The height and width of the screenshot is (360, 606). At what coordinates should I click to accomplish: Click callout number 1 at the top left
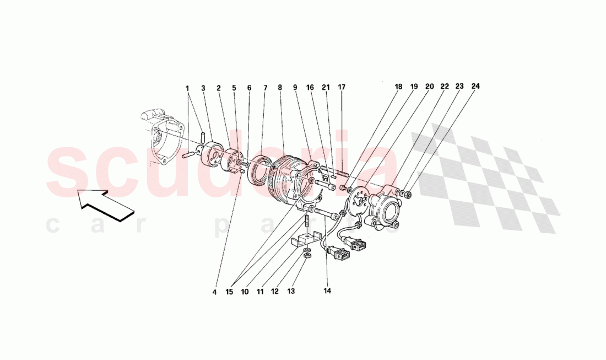(x=187, y=88)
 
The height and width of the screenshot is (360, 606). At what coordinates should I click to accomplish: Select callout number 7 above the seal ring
(x=265, y=88)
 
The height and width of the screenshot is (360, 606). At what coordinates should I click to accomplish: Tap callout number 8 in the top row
(x=280, y=88)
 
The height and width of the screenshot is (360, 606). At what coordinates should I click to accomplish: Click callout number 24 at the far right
(x=475, y=86)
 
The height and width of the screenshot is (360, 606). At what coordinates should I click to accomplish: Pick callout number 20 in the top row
(x=429, y=87)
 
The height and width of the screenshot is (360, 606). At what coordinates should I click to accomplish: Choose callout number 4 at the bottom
(x=214, y=292)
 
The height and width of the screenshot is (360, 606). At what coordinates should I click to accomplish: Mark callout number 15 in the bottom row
(x=230, y=292)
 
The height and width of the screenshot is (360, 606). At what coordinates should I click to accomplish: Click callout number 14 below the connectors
(x=327, y=291)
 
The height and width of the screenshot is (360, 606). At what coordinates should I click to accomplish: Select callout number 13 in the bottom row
(x=291, y=291)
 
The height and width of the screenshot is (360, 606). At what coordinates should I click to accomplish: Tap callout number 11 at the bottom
(x=260, y=292)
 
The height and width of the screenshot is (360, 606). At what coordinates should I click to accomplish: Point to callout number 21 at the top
(x=326, y=88)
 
